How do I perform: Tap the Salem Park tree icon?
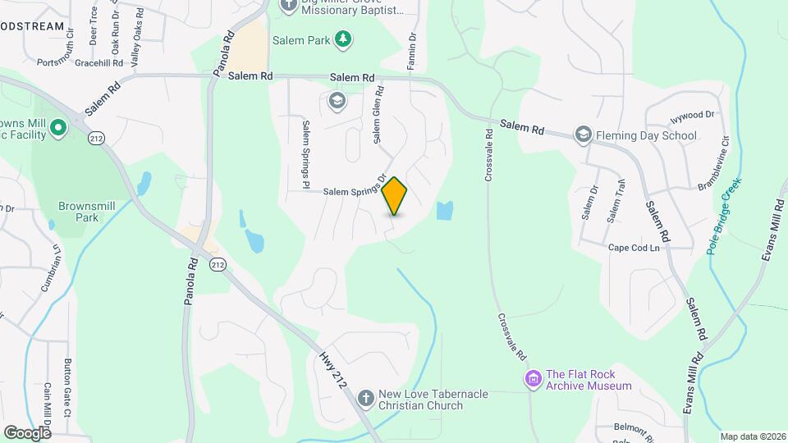pyautogui.click(x=344, y=39)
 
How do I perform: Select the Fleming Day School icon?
pyautogui.click(x=583, y=135)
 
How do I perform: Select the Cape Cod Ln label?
pyautogui.click(x=634, y=247)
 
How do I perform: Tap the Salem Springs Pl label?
pyautogui.click(x=305, y=150)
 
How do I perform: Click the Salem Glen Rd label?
pyautogui.click(x=378, y=116)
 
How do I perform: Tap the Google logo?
pyautogui.click(x=27, y=432)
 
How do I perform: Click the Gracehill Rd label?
pyautogui.click(x=98, y=62)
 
